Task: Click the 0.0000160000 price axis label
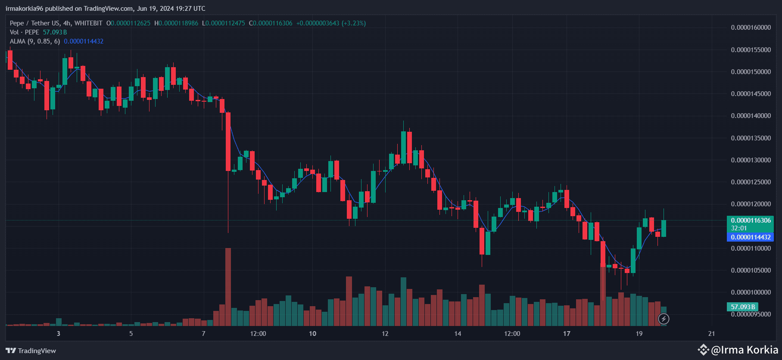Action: [751, 28]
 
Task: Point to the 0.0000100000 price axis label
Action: [751, 292]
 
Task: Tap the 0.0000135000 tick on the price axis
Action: [751, 138]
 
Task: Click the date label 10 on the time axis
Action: [312, 334]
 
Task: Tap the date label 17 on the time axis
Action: [567, 334]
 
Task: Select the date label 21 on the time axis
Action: [711, 334]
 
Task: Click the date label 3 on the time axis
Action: [58, 334]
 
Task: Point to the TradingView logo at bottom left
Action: [31, 351]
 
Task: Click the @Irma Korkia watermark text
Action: [745, 350]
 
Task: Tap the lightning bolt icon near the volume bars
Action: [664, 319]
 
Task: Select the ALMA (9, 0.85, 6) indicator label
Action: [35, 41]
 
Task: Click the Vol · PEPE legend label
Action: [25, 32]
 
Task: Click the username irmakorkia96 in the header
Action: [24, 9]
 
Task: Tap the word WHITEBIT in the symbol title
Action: [88, 23]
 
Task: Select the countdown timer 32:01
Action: [739, 228]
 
